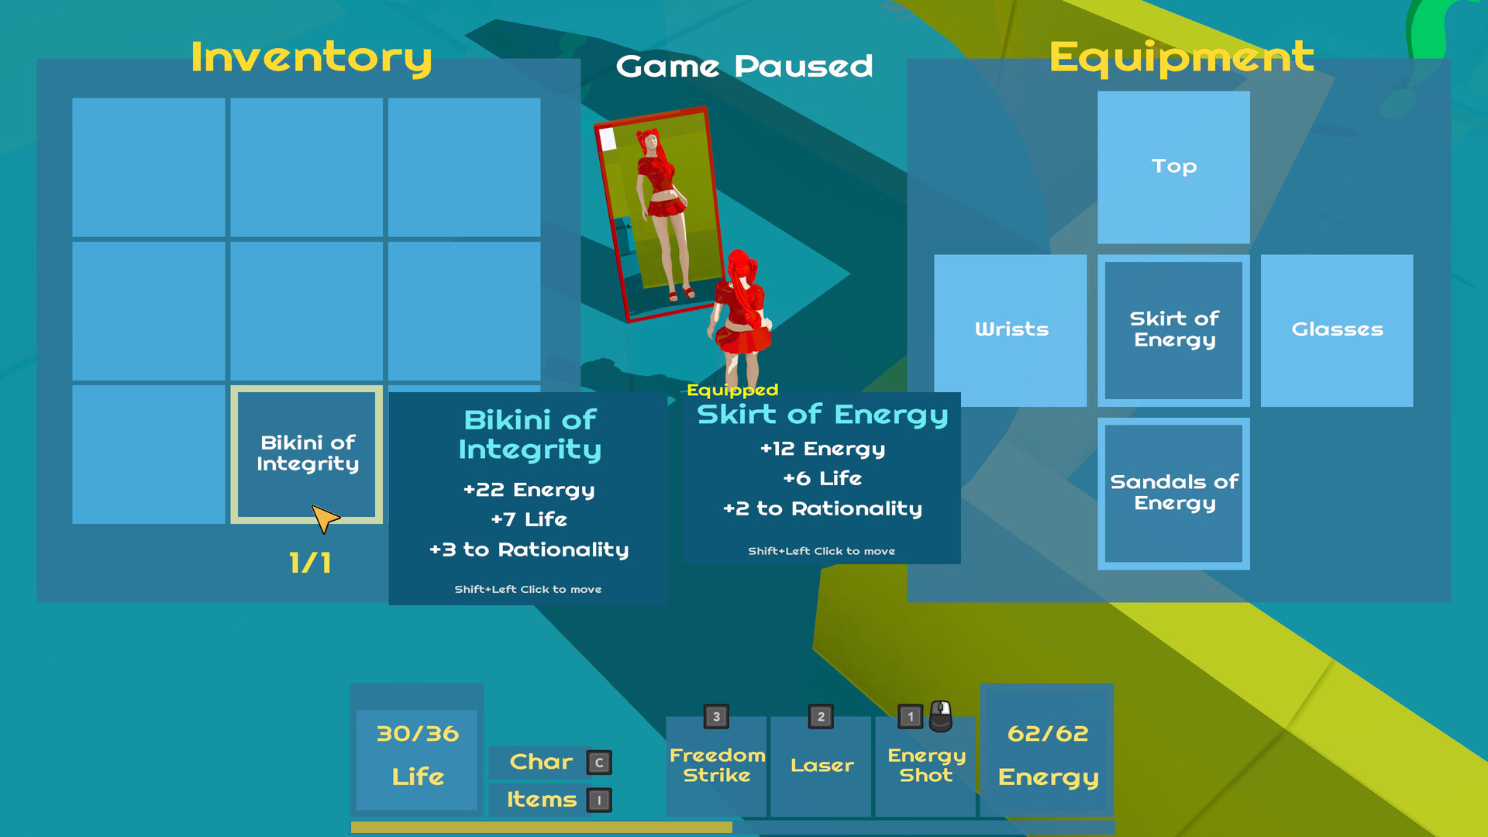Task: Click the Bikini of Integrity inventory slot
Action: pos(307,454)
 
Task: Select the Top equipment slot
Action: pos(1173,167)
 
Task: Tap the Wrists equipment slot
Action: pos(1011,330)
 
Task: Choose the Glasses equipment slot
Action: pos(1337,330)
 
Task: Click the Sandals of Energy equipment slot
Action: pos(1173,494)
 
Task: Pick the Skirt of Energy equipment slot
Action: pos(1173,330)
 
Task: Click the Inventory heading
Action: pos(311,58)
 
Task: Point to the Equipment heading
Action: pos(1181,58)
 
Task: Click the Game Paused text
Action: pos(744,67)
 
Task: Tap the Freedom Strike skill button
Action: pos(717,766)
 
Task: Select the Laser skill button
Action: pos(821,766)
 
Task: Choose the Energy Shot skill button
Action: pos(926,766)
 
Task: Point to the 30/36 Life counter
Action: pos(417,756)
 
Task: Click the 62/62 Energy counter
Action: pos(1047,756)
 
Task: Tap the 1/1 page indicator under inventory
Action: pos(310,563)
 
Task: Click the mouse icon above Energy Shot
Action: pos(941,716)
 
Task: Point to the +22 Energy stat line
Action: pos(529,490)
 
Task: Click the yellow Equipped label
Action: pos(732,390)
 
